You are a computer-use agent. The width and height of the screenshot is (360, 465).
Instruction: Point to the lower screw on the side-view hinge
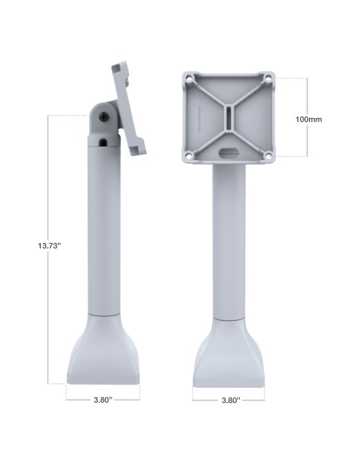point(105,143)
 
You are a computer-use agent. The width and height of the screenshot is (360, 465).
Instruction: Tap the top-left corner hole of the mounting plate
point(189,79)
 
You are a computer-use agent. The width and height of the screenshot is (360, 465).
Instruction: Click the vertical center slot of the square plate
point(228,118)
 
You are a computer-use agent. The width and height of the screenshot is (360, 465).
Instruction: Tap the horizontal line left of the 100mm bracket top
point(291,77)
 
